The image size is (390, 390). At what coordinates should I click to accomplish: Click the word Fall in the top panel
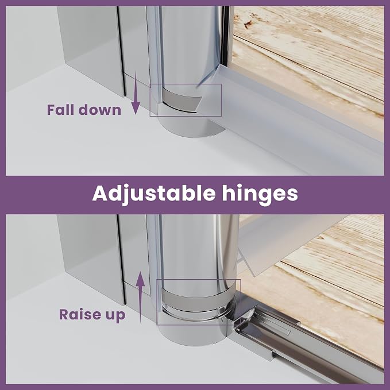pos(61,110)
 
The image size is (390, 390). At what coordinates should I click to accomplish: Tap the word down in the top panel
pos(100,110)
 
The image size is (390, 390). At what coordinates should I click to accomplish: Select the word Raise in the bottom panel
pos(80,314)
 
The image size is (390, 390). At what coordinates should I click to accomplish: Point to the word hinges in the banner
pos(260,195)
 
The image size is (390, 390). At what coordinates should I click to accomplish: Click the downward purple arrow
pos(136,92)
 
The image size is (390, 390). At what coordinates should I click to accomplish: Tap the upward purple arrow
pos(141,297)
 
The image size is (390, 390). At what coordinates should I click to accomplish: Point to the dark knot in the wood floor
pos(248,24)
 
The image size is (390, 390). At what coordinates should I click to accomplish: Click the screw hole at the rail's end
pos(274,353)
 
